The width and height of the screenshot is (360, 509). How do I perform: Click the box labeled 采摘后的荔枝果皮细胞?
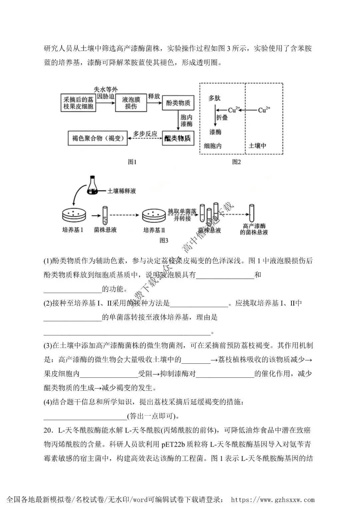tap(78, 103)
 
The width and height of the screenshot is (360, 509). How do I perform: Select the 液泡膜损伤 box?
tap(131, 103)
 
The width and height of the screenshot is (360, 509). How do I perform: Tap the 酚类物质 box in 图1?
tap(178, 103)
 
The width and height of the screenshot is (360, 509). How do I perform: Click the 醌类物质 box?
tap(178, 138)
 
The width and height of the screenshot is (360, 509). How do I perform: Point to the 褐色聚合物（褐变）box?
tap(98, 138)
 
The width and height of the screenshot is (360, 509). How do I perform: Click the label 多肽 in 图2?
tap(214, 98)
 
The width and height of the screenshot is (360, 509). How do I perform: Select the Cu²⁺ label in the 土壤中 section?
tap(264, 110)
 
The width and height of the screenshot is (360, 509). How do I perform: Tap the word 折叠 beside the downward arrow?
tap(222, 117)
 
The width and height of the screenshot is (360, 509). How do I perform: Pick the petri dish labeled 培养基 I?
tap(74, 215)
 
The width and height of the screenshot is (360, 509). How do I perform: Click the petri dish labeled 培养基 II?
tap(154, 215)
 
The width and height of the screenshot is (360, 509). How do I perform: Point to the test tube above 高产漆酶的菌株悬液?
tap(252, 213)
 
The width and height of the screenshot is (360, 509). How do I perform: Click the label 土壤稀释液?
tap(122, 191)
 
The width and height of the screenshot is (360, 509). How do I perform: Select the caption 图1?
tap(132, 162)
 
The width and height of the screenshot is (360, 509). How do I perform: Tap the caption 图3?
tap(164, 240)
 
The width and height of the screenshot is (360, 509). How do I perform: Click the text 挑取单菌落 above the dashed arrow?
tap(182, 211)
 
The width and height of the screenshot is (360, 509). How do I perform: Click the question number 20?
tap(49, 430)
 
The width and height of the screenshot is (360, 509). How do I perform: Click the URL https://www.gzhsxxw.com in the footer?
tap(273, 499)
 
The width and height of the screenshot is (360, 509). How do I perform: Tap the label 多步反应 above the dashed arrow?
tap(145, 134)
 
